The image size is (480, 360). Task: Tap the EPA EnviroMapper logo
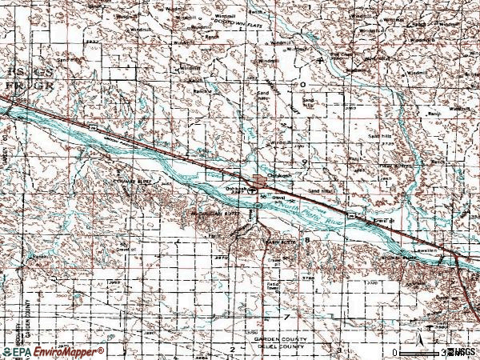click(52, 350)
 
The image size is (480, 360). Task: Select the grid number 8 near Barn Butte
click(306, 239)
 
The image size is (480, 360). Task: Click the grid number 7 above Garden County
click(286, 318)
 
